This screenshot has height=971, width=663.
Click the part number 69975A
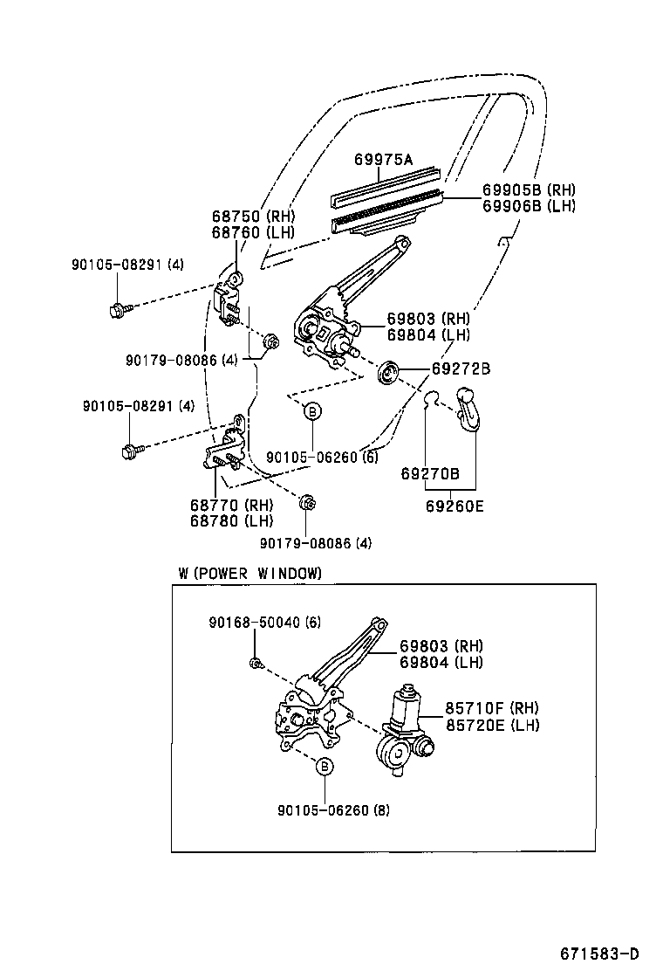(383, 159)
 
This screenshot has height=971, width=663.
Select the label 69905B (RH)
(529, 189)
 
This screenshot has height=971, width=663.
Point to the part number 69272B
(460, 369)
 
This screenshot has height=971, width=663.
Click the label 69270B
(430, 473)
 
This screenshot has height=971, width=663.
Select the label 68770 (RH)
(231, 505)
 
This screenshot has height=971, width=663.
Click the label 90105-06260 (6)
(322, 457)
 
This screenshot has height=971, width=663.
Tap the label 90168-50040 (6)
(265, 622)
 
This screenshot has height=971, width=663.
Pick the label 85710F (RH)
(492, 708)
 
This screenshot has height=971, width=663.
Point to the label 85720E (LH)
(492, 725)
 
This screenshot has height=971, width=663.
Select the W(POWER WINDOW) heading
(249, 573)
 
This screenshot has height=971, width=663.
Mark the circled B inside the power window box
(324, 767)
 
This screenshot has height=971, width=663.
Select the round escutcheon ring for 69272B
(388, 374)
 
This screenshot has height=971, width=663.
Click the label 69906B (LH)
(529, 206)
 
